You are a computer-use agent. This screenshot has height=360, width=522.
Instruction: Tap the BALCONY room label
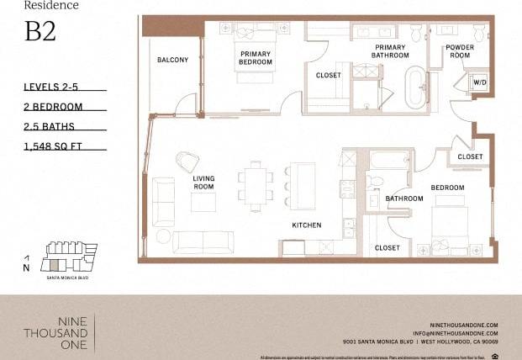click(x=172, y=61)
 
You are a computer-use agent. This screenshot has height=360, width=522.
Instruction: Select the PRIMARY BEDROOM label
click(x=255, y=56)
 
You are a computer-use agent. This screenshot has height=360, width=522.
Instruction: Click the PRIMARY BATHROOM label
click(x=390, y=51)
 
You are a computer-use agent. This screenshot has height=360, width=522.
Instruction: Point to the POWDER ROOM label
click(x=460, y=51)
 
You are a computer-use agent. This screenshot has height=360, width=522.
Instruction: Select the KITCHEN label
click(x=307, y=225)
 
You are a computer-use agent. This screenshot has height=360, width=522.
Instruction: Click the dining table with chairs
click(x=255, y=183)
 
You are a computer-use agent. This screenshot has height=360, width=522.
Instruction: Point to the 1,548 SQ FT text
click(x=55, y=146)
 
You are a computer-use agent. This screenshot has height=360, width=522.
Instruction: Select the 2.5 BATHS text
click(x=50, y=126)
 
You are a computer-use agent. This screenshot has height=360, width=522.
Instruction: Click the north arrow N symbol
click(x=27, y=263)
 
